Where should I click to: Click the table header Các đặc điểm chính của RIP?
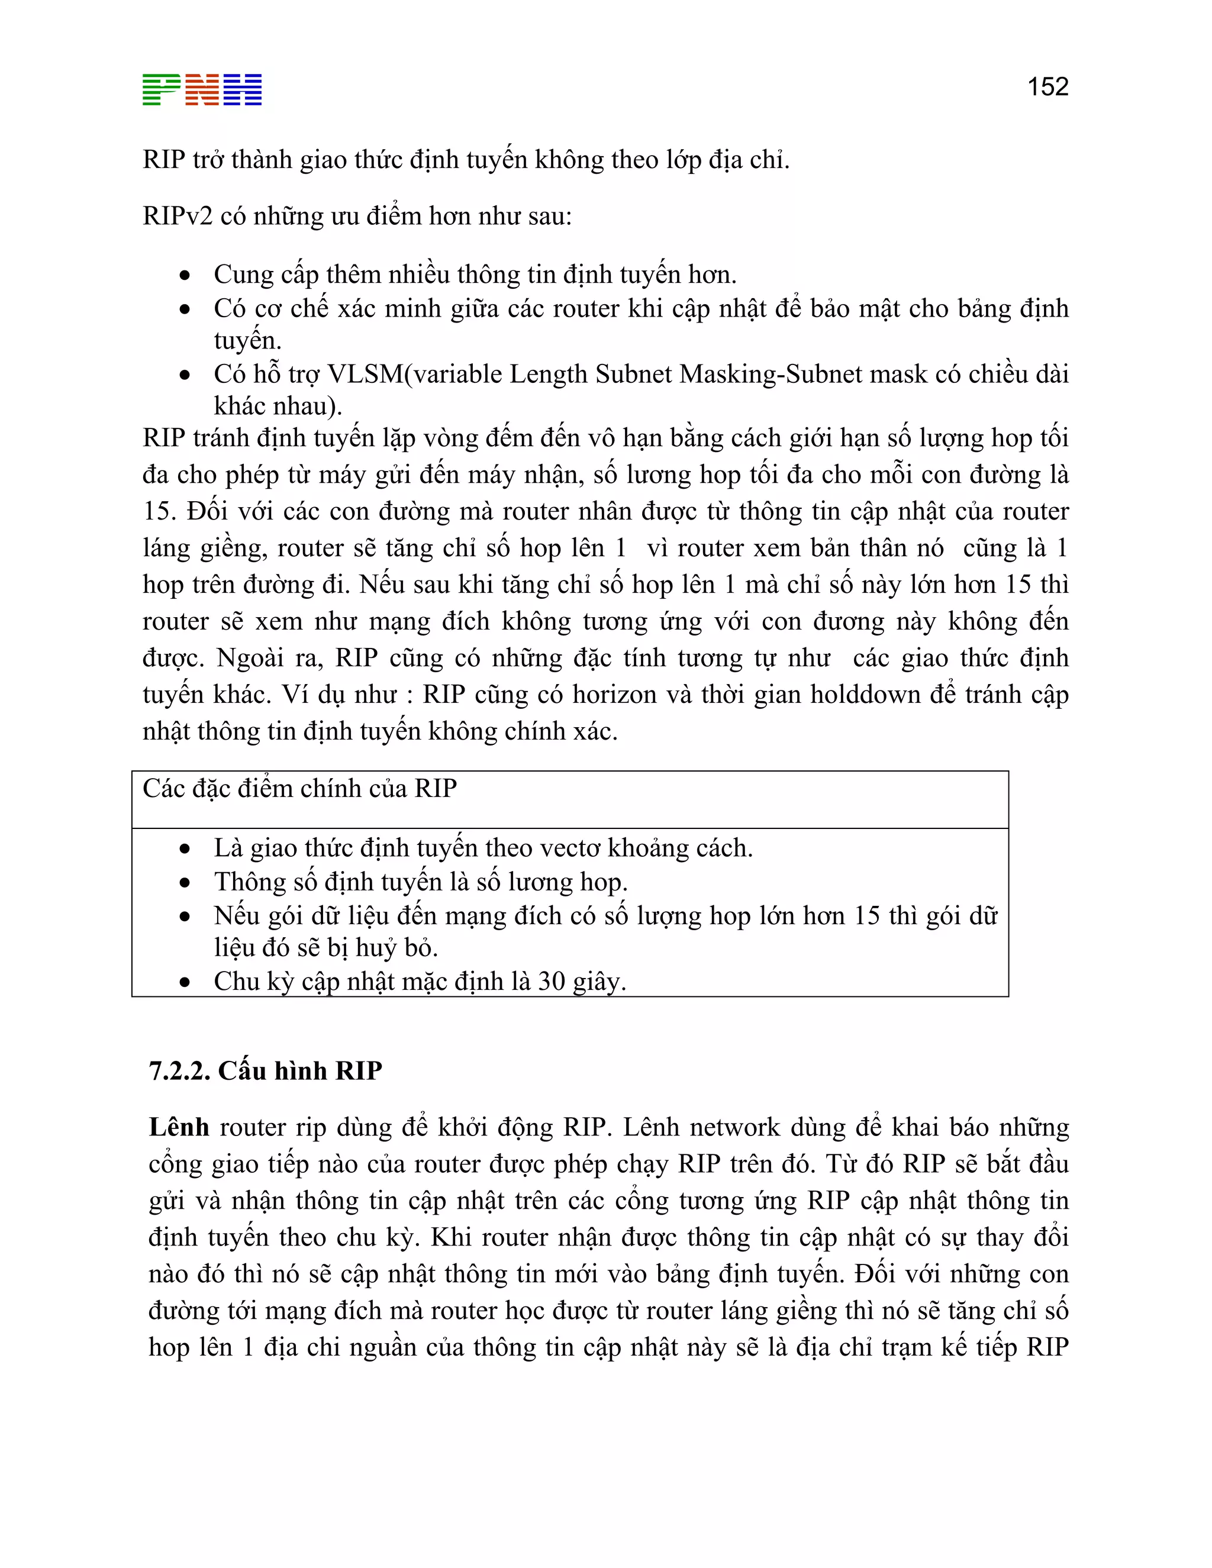[299, 789]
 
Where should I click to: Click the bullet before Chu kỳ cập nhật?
[185, 982]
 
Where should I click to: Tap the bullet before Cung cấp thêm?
[185, 276]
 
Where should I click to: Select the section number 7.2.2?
[179, 1070]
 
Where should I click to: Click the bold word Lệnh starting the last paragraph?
[179, 1127]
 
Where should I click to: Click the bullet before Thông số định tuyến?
[185, 883]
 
